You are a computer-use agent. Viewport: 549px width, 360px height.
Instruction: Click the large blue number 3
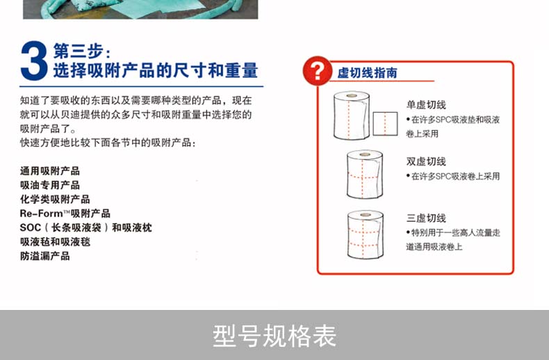coord(34,60)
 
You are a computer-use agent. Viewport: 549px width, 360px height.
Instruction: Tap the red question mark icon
coord(317,71)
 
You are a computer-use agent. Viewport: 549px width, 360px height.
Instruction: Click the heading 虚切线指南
coord(368,73)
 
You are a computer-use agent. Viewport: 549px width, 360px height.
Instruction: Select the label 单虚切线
coord(426,105)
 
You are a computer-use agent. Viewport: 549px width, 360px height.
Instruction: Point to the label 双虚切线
coord(426,161)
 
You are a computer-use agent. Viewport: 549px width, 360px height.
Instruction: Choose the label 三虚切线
coord(426,218)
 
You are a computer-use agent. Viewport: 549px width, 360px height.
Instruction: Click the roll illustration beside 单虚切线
coord(352,115)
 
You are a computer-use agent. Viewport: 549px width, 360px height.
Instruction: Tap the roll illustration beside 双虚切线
coord(364,174)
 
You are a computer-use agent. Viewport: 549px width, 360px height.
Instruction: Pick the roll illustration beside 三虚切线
coord(365,235)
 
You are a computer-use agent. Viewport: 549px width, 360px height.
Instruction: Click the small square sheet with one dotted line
coord(385,124)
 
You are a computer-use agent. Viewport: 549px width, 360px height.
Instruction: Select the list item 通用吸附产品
coord(50,171)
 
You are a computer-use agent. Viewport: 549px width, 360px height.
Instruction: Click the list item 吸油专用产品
coord(50,185)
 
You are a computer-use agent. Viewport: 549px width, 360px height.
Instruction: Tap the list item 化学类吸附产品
coord(55,199)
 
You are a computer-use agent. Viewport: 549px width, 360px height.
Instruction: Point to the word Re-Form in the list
coord(41,213)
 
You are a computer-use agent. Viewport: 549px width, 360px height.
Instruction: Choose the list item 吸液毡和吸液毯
coord(55,242)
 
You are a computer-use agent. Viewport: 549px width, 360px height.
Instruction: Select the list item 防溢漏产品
coord(44,256)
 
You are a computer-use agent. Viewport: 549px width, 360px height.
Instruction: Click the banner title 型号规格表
coord(274,336)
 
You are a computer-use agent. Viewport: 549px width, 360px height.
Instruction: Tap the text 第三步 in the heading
coord(79,51)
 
